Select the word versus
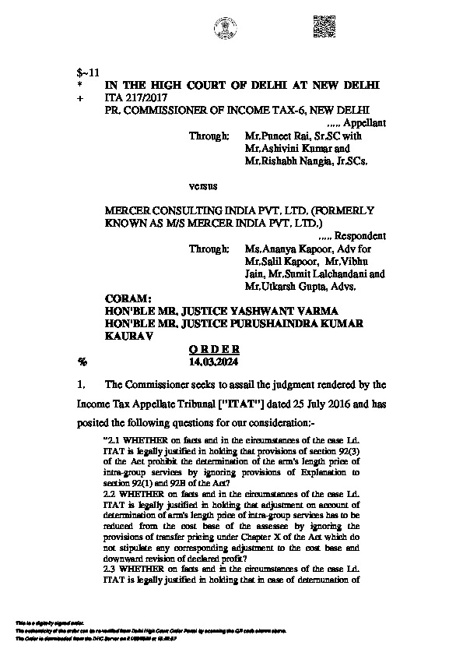(202, 187)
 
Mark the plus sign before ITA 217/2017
(80, 98)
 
